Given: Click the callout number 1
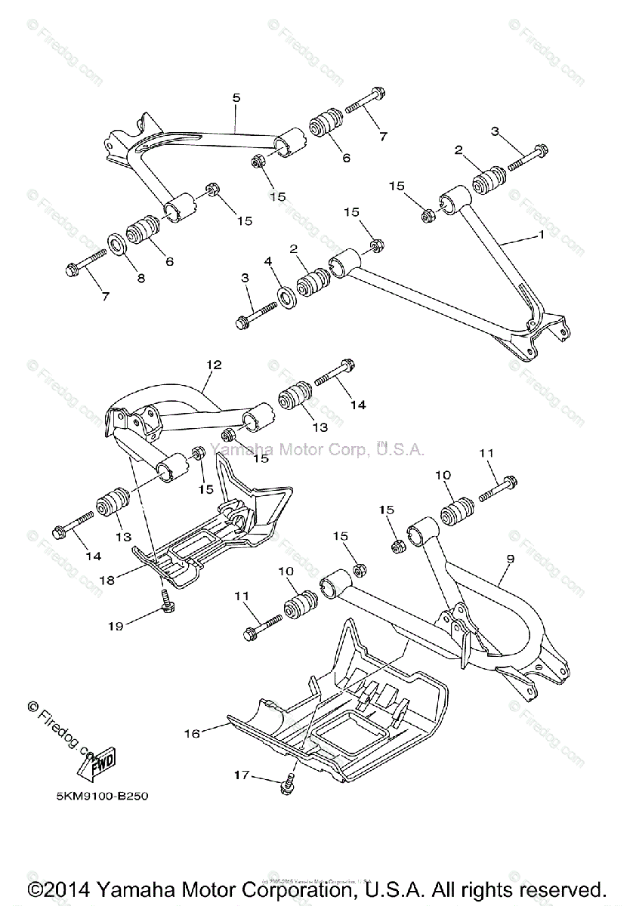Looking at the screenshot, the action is [x=541, y=235].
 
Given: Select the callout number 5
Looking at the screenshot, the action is [x=236, y=97].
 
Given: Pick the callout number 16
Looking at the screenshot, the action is [x=191, y=733].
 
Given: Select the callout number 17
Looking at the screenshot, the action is [x=241, y=774].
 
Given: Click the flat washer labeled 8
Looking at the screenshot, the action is [x=117, y=243].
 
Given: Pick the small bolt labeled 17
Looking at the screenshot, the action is [x=288, y=786].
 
